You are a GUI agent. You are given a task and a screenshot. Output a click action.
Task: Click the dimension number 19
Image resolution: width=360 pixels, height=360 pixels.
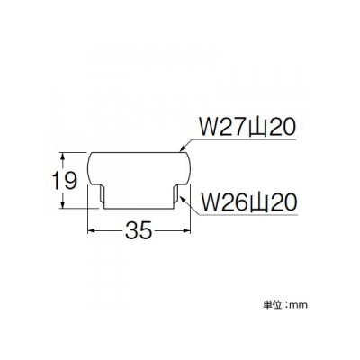pos(65,181)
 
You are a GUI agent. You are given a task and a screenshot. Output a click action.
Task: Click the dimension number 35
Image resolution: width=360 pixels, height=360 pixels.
pos(139,230)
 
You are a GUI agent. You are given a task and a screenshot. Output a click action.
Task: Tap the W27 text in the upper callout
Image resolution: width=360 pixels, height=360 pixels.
pos(222,128)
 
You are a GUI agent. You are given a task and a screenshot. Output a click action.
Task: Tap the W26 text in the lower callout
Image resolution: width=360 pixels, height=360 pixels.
pos(222,202)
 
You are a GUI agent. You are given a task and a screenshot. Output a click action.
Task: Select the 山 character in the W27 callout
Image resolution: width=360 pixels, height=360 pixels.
pos(255,128)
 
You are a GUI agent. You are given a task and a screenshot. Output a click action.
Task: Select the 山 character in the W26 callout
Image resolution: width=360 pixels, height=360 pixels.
pos(255,203)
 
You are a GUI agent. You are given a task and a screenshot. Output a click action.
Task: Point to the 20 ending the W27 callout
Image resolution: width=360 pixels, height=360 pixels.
pos(280,128)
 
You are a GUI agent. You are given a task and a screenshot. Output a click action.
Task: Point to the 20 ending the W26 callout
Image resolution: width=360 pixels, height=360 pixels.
pos(280,202)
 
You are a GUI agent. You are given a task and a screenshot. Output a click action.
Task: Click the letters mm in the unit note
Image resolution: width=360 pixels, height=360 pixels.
pos(299,306)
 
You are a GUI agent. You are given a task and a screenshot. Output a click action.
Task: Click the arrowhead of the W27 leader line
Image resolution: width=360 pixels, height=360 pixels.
pos(183,148)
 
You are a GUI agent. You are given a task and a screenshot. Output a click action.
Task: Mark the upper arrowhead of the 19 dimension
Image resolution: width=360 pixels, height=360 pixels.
pos(63,157)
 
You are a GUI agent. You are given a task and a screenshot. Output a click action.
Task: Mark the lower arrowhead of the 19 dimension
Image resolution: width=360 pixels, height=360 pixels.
pos(63,203)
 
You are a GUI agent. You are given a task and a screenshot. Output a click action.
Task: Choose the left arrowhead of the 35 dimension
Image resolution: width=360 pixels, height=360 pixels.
pos(92,230)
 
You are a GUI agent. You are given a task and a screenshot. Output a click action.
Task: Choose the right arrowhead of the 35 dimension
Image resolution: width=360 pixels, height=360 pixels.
pos(186,230)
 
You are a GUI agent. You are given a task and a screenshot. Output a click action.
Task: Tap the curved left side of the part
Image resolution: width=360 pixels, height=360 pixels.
pos(89,168)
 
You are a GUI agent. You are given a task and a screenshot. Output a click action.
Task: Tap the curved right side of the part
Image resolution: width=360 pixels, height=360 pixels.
pos(190,168)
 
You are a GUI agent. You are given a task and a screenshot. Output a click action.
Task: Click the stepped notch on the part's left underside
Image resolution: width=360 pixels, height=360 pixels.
pos(102,195)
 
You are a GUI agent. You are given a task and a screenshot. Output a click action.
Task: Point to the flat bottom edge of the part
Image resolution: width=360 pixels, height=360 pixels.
pos(139,209)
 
